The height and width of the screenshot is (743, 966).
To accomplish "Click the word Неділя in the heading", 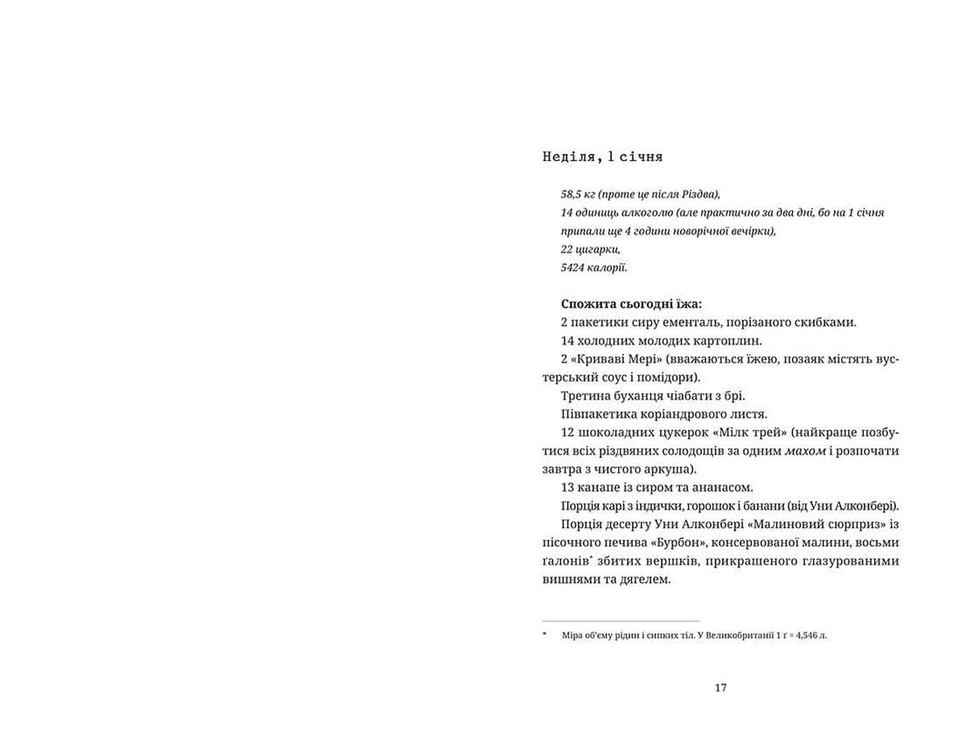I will pos(570,157).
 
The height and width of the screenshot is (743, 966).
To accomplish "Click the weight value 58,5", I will pos(573,194).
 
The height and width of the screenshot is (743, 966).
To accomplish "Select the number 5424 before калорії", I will pos(574,267).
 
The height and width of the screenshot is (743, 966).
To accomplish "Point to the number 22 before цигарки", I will pos(567,249).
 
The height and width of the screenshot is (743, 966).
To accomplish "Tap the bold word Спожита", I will pos(588,304).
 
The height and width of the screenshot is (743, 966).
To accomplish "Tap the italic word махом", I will pos(806,451).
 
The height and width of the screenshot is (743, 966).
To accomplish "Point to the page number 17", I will pos(720,688).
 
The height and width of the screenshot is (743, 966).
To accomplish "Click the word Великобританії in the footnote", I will pos(719,635).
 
